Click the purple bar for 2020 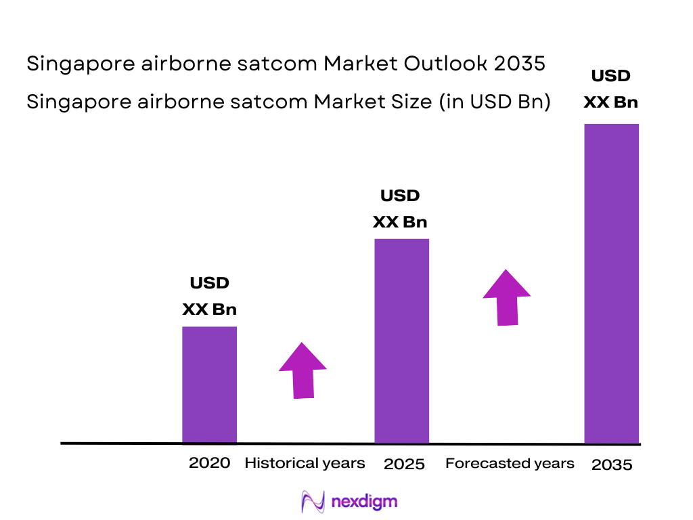(209, 385)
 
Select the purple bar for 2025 (401, 341)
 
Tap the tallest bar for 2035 (611, 283)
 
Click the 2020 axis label (209, 463)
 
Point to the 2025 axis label (404, 464)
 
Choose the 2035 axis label (612, 465)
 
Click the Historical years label (305, 463)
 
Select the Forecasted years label (510, 463)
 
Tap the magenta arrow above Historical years (303, 370)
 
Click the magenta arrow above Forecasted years (506, 297)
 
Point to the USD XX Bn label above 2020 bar (209, 296)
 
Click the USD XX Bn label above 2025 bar (400, 209)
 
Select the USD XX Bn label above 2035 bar (610, 89)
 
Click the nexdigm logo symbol (313, 502)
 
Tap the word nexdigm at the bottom (364, 502)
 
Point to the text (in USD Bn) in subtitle (494, 102)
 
